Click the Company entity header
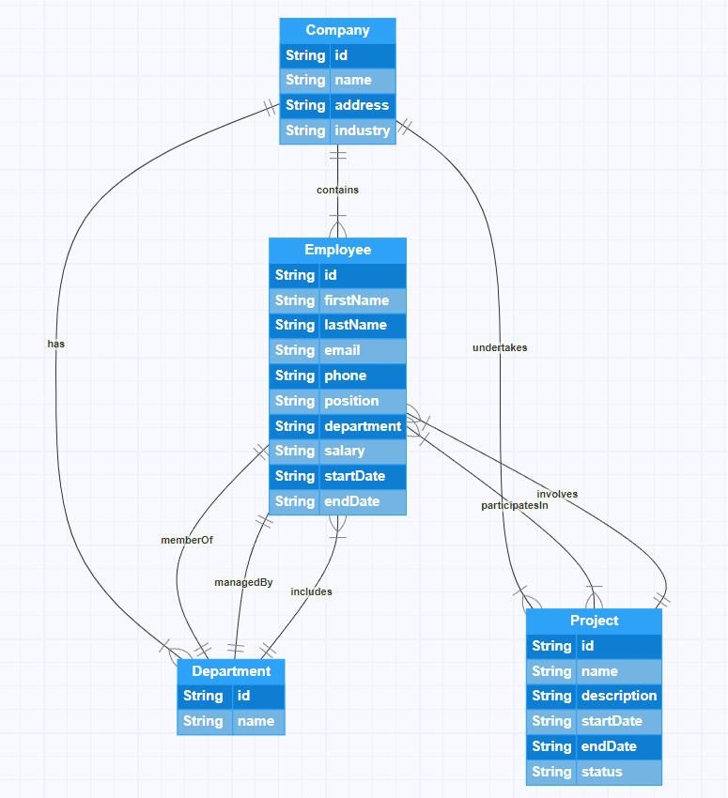337,30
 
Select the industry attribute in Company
362,130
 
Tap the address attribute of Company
362,105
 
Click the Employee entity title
337,250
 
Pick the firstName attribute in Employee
356,300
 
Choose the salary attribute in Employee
345,451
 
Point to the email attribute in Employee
342,350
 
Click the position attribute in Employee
351,401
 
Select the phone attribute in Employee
346,376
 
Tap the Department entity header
231,671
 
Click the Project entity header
594,621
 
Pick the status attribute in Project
601,772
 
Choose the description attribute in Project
618,696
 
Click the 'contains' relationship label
337,190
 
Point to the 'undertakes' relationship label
500,347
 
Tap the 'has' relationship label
56,344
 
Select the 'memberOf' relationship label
187,540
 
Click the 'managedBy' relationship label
243,582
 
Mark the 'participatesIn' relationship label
514,505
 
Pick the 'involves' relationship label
557,494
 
